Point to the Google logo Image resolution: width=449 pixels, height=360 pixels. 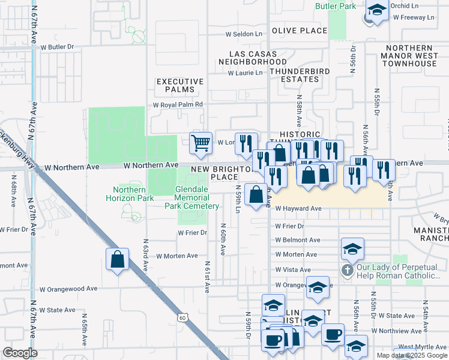pos(20,353)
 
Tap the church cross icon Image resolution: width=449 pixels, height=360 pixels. pos(347,270)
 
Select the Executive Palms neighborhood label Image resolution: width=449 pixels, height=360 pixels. pos(175,85)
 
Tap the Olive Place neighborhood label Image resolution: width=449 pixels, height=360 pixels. pos(299,31)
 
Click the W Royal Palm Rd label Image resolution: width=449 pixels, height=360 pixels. pos(178,104)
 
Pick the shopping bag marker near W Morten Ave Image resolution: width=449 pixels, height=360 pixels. pos(117,259)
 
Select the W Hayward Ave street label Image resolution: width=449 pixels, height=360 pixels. pos(299,209)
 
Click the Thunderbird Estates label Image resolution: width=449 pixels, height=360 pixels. pos(294,75)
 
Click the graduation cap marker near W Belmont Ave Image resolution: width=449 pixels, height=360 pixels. pos(353,248)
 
